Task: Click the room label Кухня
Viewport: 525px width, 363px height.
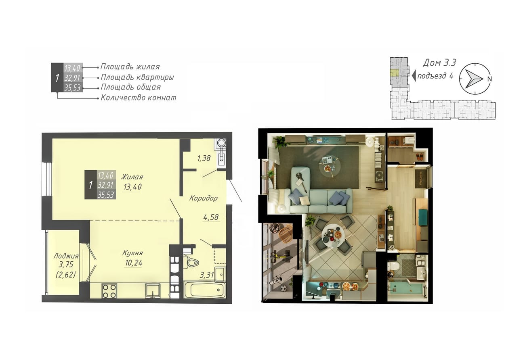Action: (132, 253)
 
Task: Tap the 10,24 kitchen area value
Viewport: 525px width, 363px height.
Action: (134, 263)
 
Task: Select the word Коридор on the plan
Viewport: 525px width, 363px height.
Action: (204, 198)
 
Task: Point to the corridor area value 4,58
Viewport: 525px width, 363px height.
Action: (211, 217)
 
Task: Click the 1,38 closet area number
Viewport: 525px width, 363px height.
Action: (204, 159)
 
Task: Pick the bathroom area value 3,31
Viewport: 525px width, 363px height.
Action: (207, 275)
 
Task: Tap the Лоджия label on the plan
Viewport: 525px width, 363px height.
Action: (66, 256)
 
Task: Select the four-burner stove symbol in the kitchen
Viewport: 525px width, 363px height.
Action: (109, 291)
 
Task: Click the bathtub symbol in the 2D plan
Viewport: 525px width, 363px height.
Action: (205, 290)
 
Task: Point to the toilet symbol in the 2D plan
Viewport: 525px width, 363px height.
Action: (191, 263)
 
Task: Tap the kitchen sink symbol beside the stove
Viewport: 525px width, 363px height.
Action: (153, 291)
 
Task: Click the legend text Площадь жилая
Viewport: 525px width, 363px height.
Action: (130, 67)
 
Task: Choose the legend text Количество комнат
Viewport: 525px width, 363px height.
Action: (139, 98)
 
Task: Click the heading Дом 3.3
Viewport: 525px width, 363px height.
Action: (439, 63)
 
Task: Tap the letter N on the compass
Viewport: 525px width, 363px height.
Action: (489, 79)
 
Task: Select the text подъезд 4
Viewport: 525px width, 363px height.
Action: (435, 76)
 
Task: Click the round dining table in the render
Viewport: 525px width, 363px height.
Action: (333, 236)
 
